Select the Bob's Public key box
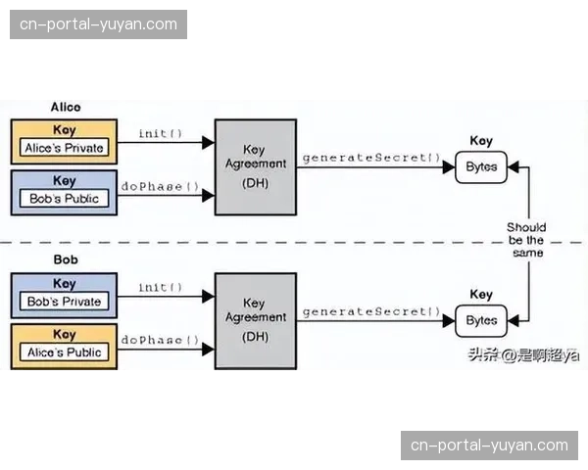click(x=64, y=192)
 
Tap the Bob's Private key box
click(x=64, y=295)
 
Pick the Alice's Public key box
click(x=64, y=346)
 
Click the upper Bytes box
click(x=481, y=166)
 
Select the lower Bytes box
click(x=481, y=320)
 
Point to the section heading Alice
click(x=66, y=107)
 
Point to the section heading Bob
click(x=65, y=260)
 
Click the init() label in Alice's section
click(x=160, y=134)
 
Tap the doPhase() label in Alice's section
click(x=160, y=186)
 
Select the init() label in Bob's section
click(x=160, y=288)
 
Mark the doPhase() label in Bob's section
click(x=160, y=340)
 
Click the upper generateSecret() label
click(x=371, y=158)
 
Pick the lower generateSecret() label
click(x=371, y=311)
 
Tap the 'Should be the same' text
click(x=526, y=240)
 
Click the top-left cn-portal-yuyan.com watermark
click(x=98, y=23)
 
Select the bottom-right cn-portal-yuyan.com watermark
click(x=489, y=446)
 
